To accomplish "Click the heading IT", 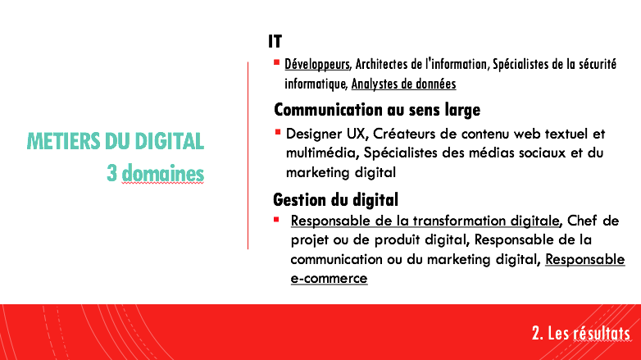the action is coord(275,41).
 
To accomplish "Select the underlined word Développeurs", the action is coord(317,64).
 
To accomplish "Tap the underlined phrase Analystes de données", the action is coord(403,84).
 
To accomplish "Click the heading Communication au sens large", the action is coord(377,110).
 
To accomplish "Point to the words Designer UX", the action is coord(325,134).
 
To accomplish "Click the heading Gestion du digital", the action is coord(335,200).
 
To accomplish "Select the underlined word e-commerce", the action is coord(329,278).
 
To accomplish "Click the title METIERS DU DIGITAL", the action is coord(116,141).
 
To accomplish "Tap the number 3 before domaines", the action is coord(111,173).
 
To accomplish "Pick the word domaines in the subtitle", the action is coord(162,173).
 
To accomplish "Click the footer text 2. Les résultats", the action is coord(581,333).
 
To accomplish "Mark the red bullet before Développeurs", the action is coord(277,62).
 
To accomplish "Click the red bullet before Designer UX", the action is coord(278,132).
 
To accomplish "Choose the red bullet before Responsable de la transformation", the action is coord(276,220).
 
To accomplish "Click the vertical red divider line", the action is coord(248,156).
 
